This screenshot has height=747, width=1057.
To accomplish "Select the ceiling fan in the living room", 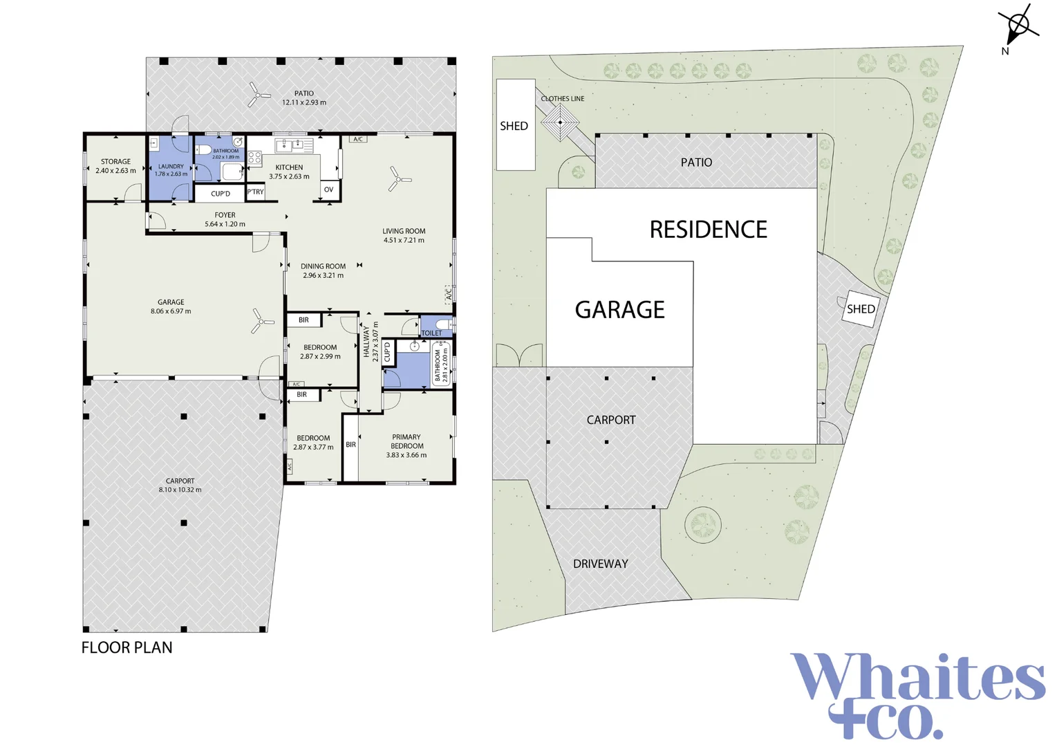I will (399, 178).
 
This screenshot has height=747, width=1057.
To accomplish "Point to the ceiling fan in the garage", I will (261, 320).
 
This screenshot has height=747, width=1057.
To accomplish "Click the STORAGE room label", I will (115, 162).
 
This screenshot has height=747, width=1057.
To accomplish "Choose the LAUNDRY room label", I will (171, 167).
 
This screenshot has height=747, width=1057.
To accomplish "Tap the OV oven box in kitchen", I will (328, 190).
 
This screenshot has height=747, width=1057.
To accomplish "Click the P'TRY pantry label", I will (256, 192).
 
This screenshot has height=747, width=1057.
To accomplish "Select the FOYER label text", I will (225, 215).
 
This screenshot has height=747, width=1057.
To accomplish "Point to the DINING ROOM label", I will (323, 266).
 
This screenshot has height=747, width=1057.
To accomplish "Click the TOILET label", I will (431, 333).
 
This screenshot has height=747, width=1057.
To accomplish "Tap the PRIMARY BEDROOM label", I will (406, 441).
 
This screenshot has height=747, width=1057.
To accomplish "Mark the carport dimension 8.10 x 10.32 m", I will (180, 490).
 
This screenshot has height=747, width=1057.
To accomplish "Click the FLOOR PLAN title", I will (127, 647).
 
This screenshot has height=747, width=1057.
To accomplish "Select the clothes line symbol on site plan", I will (560, 122).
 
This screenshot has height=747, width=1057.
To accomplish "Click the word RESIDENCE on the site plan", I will (708, 230).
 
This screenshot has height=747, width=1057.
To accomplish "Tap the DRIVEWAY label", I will (600, 564).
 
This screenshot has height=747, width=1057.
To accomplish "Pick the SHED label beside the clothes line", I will (514, 126).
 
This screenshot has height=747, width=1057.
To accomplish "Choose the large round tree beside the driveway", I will (703, 524).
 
